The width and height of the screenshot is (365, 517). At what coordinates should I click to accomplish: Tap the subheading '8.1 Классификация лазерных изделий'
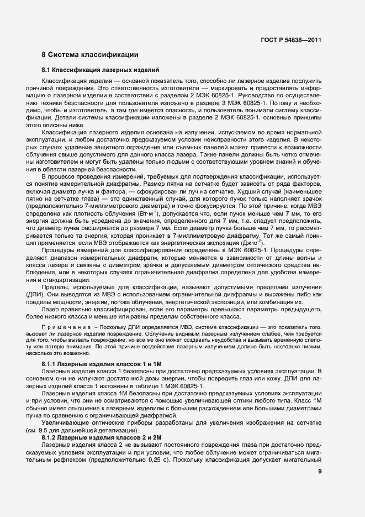point(100,70)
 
